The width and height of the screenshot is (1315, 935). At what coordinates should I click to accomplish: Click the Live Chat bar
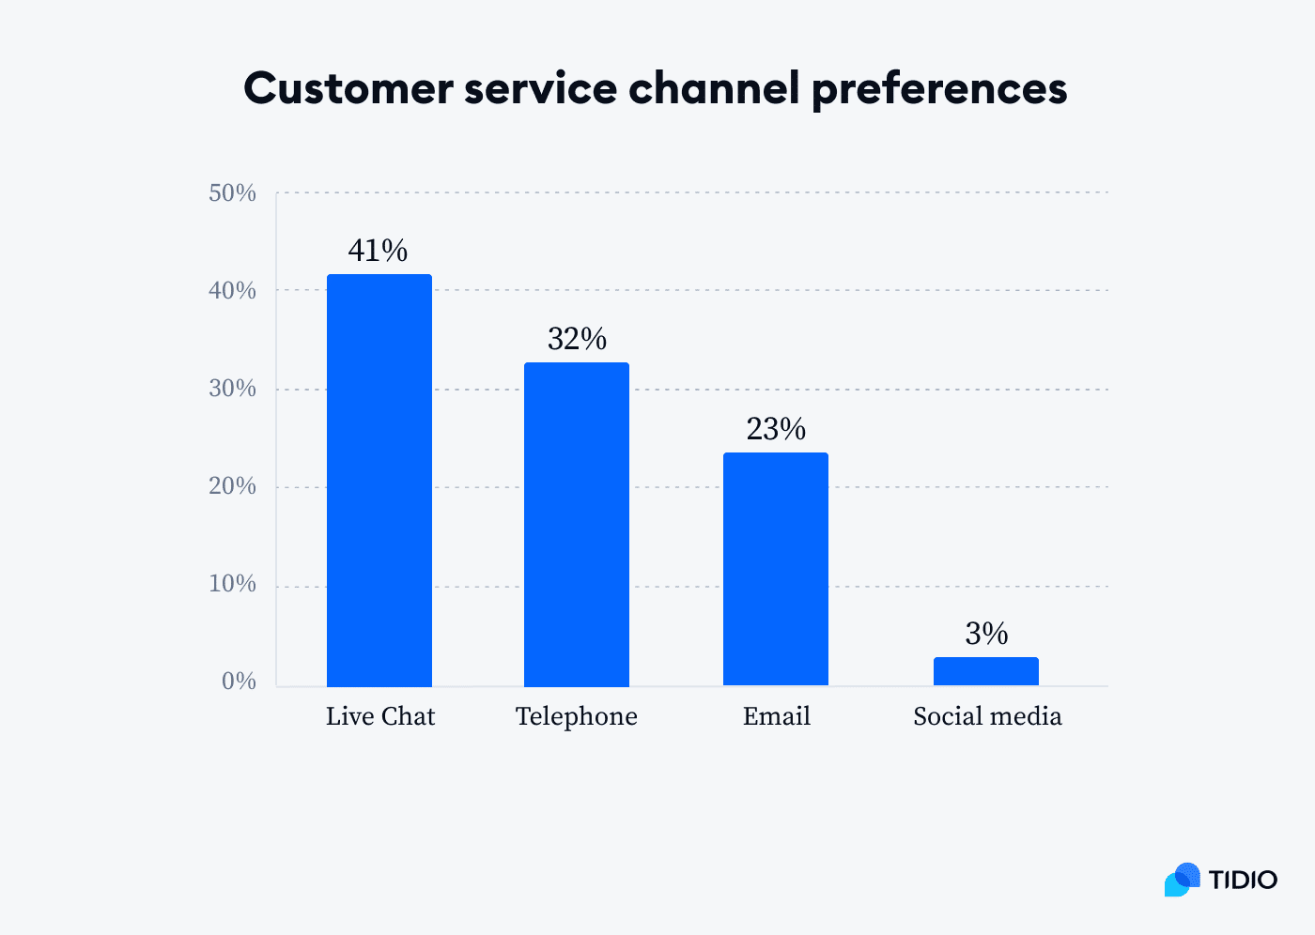pyautogui.click(x=379, y=480)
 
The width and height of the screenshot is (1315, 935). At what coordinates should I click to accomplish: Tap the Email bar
pyautogui.click(x=776, y=569)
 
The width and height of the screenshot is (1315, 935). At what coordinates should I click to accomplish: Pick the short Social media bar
pyautogui.click(x=986, y=671)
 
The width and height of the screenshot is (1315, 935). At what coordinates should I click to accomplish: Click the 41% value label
pyautogui.click(x=378, y=251)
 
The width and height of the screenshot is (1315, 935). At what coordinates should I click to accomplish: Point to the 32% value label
pyautogui.click(x=577, y=339)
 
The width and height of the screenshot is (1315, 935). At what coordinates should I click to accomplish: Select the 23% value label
pyautogui.click(x=776, y=429)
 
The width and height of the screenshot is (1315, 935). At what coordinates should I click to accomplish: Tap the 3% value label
pyautogui.click(x=986, y=634)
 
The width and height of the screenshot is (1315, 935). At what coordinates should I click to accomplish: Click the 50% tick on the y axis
pyautogui.click(x=232, y=193)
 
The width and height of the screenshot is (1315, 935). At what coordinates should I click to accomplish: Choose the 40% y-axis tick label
pyautogui.click(x=232, y=291)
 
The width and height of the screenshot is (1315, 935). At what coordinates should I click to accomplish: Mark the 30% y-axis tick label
pyautogui.click(x=232, y=389)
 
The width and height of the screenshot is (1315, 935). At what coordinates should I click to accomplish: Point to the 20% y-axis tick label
pyautogui.click(x=232, y=486)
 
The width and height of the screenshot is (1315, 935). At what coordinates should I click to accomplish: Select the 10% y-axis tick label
pyautogui.click(x=232, y=584)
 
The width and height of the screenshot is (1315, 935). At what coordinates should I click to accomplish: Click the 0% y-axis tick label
pyautogui.click(x=239, y=682)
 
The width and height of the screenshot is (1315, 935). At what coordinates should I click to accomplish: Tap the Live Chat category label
pyautogui.click(x=380, y=716)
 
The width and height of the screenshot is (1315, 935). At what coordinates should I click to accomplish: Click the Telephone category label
pyautogui.click(x=577, y=716)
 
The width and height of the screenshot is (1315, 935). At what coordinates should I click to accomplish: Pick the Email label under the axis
pyautogui.click(x=776, y=716)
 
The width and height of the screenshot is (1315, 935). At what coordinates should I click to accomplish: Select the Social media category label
pyautogui.click(x=987, y=716)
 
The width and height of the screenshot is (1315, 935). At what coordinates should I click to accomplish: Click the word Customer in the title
pyautogui.click(x=348, y=89)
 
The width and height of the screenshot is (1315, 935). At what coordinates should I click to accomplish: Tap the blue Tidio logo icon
pyautogui.click(x=1183, y=880)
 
